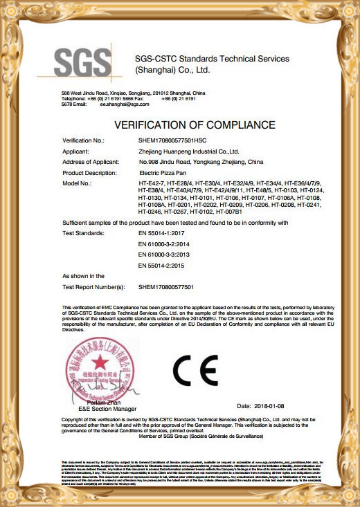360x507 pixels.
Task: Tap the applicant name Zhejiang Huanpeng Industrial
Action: (188, 151)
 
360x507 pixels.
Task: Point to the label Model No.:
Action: (77, 183)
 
